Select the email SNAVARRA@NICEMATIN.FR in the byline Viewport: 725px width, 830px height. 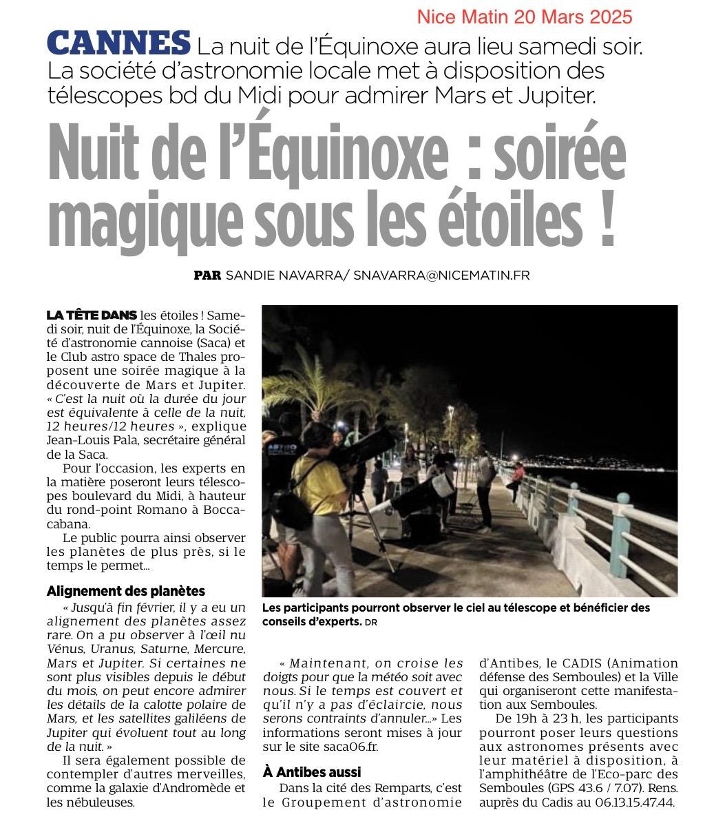click(441, 276)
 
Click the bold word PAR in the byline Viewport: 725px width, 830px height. click(207, 276)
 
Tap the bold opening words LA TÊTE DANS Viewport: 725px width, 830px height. click(92, 315)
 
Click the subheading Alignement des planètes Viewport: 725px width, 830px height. click(126, 591)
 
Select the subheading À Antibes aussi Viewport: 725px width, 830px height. click(312, 772)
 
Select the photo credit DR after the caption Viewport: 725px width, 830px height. click(372, 623)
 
